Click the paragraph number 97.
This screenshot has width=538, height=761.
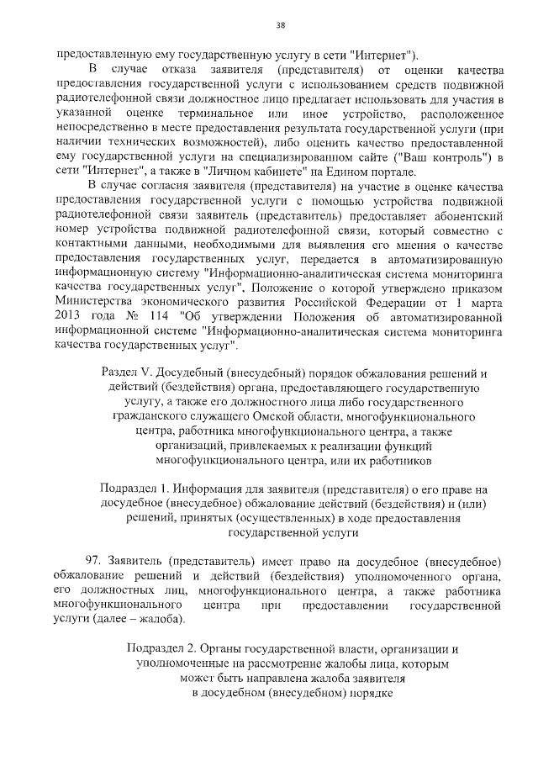pyautogui.click(x=94, y=560)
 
